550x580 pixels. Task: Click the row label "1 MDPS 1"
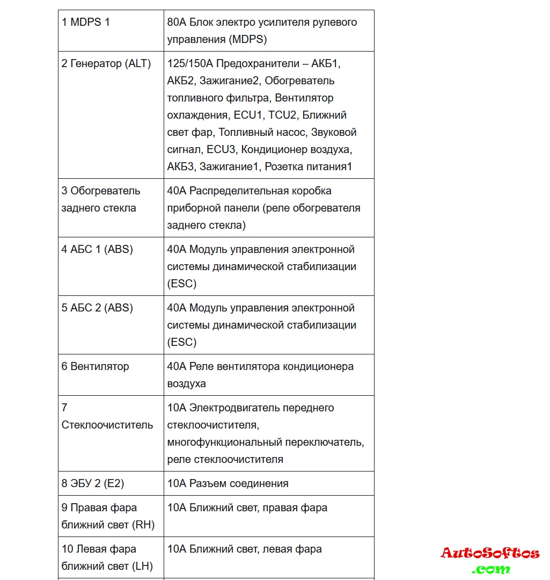point(86,23)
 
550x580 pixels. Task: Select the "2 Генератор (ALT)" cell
point(106,64)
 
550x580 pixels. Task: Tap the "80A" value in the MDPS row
point(177,23)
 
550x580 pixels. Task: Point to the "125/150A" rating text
point(190,64)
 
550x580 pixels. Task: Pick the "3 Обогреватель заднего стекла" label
point(101,199)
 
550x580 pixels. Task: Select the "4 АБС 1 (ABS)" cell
point(97,250)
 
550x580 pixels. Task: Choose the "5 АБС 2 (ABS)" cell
point(97,308)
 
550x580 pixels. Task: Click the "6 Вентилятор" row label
point(96,367)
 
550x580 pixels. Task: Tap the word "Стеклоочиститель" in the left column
point(107,425)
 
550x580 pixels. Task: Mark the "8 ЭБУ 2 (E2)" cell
point(93,484)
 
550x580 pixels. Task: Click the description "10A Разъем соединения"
point(228,484)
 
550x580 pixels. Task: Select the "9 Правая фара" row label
point(99,508)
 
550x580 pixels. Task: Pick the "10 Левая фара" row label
point(99,549)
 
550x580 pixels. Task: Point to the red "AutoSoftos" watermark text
point(490,553)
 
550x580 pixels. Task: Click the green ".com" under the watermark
point(491,569)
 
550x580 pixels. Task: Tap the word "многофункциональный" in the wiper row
point(224,443)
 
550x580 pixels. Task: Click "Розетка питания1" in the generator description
point(309,167)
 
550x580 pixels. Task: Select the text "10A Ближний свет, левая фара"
point(245,549)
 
